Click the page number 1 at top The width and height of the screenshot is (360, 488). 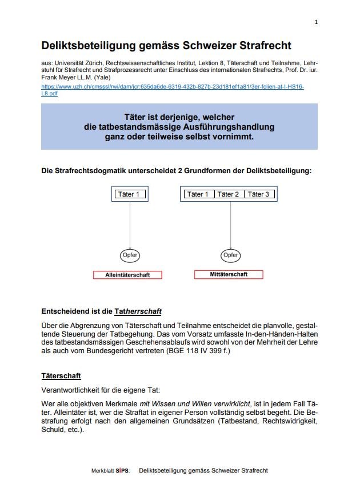coord(316,22)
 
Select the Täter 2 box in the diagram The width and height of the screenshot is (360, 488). coord(228,194)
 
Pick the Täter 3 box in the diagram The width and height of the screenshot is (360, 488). coord(259,194)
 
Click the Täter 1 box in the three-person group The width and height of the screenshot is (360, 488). coord(198,194)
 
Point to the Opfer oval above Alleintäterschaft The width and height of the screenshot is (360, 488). coord(130,255)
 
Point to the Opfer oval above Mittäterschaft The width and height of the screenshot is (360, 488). coord(230,255)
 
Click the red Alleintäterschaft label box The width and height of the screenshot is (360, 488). coord(127,275)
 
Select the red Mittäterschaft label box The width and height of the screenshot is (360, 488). coord(229,274)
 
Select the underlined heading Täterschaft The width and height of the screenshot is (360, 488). coord(61,376)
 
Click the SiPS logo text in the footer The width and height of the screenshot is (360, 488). coord(122,471)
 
